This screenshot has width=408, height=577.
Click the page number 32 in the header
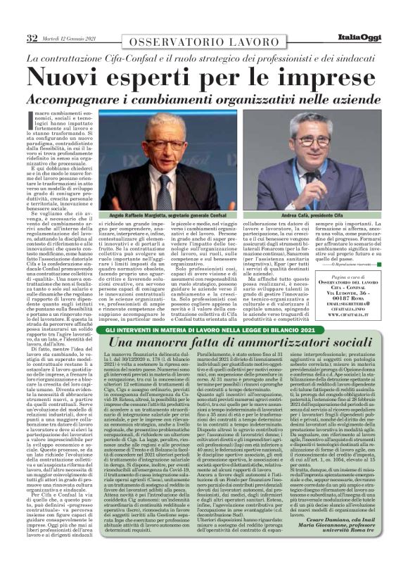(32, 37)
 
